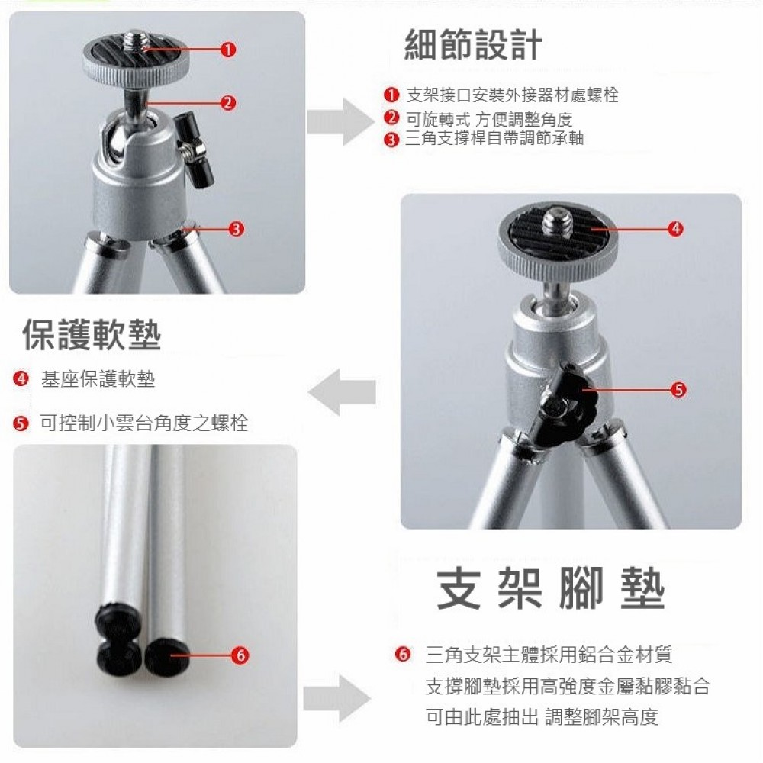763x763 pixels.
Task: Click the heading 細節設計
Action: click(473, 45)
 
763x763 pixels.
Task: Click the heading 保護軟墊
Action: click(92, 335)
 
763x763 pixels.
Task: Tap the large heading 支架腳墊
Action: click(550, 588)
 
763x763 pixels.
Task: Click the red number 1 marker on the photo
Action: click(227, 50)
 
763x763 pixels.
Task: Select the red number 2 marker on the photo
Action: click(227, 103)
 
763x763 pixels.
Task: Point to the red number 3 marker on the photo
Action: click(236, 229)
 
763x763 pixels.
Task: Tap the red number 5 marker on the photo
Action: click(678, 389)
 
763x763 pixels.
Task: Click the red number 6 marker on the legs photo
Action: click(240, 655)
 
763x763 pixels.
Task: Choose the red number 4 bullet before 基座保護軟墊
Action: click(21, 378)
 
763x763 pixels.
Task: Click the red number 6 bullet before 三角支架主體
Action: click(403, 655)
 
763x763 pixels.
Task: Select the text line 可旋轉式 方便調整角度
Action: click(489, 119)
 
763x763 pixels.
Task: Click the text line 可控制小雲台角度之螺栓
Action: click(143, 423)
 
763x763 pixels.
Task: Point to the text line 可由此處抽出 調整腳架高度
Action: click(542, 716)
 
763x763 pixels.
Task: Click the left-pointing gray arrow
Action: click(342, 392)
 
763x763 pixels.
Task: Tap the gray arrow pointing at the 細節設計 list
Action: click(341, 121)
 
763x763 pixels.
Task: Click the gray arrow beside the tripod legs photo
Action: click(337, 699)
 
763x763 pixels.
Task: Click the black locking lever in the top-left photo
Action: click(195, 150)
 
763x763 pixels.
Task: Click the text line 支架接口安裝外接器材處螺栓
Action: click(513, 95)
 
